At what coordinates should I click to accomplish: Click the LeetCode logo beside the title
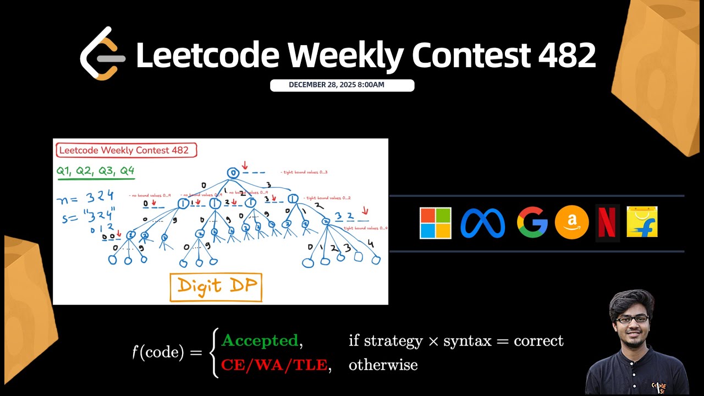point(102,54)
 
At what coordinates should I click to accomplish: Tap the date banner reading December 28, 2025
point(342,85)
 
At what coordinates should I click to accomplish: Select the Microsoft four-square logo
point(435,223)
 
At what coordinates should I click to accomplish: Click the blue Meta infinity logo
point(482,223)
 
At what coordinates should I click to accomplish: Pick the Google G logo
point(532,223)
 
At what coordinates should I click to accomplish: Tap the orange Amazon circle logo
point(571,223)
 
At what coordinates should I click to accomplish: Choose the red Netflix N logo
point(607,223)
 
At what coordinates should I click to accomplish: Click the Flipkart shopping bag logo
point(642,222)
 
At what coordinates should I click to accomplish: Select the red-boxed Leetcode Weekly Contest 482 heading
point(125,150)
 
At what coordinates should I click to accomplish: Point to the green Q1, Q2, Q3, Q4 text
point(95,172)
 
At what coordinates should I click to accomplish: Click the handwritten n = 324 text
point(85,197)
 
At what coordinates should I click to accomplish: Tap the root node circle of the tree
point(233,173)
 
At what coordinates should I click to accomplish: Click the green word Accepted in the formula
point(260,341)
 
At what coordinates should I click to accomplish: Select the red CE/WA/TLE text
point(274,365)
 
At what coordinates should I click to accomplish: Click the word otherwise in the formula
point(383,365)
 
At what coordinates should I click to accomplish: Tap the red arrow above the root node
point(245,165)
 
